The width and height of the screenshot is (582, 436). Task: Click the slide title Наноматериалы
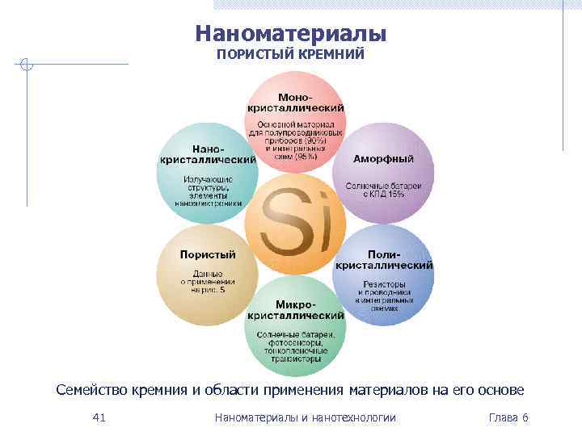[291, 34]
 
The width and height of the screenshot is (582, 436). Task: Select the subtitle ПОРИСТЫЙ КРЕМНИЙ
[291, 54]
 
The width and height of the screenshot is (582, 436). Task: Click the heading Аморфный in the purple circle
[383, 158]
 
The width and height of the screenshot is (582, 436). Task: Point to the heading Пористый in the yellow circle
[207, 254]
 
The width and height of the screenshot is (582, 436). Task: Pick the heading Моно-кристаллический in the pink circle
[295, 103]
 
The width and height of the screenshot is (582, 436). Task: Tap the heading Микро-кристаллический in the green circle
[295, 311]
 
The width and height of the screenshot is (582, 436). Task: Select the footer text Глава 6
[508, 417]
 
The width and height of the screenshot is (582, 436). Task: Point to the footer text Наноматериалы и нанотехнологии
[306, 417]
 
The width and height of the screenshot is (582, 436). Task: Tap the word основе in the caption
[502, 391]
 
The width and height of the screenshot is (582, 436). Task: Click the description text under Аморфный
[384, 190]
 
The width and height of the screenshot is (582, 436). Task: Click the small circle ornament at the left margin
[27, 64]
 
